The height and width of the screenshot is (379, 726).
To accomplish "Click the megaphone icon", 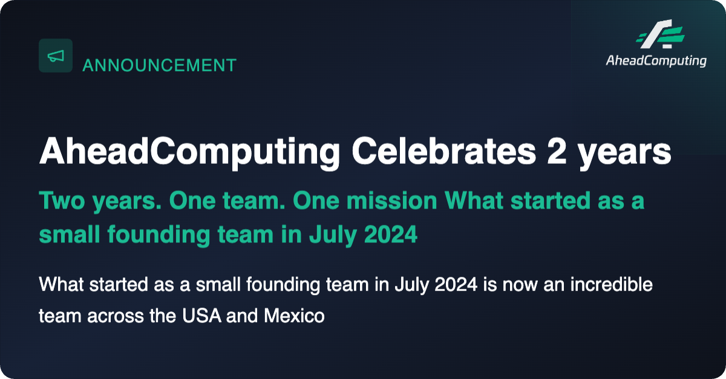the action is pos(56,56).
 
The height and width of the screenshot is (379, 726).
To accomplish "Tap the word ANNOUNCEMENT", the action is pos(160,65).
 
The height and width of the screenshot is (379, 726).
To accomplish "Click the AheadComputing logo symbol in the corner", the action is pos(660,34).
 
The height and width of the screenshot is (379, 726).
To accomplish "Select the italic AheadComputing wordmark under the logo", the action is pos(656,61).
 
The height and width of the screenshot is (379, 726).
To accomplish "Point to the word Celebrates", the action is pos(444,152).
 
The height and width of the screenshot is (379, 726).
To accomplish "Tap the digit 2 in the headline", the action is pos(557,152).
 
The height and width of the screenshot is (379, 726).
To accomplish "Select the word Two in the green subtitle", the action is pos(62,201).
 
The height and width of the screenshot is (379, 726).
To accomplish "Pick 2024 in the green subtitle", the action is pos(391,234).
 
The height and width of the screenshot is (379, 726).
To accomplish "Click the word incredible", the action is pos(611,284).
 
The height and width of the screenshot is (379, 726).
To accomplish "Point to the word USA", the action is pos(201,316).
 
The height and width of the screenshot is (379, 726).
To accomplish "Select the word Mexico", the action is pos(294,316).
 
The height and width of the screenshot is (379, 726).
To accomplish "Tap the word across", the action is pos(116,317).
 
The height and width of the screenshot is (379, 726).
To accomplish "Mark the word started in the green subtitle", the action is pos(551,201).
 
